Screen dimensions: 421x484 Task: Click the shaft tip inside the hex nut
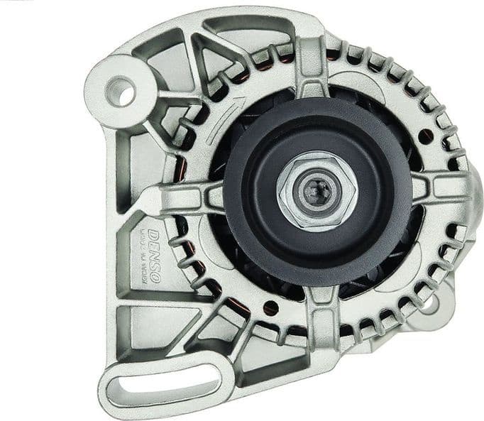[316, 190]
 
